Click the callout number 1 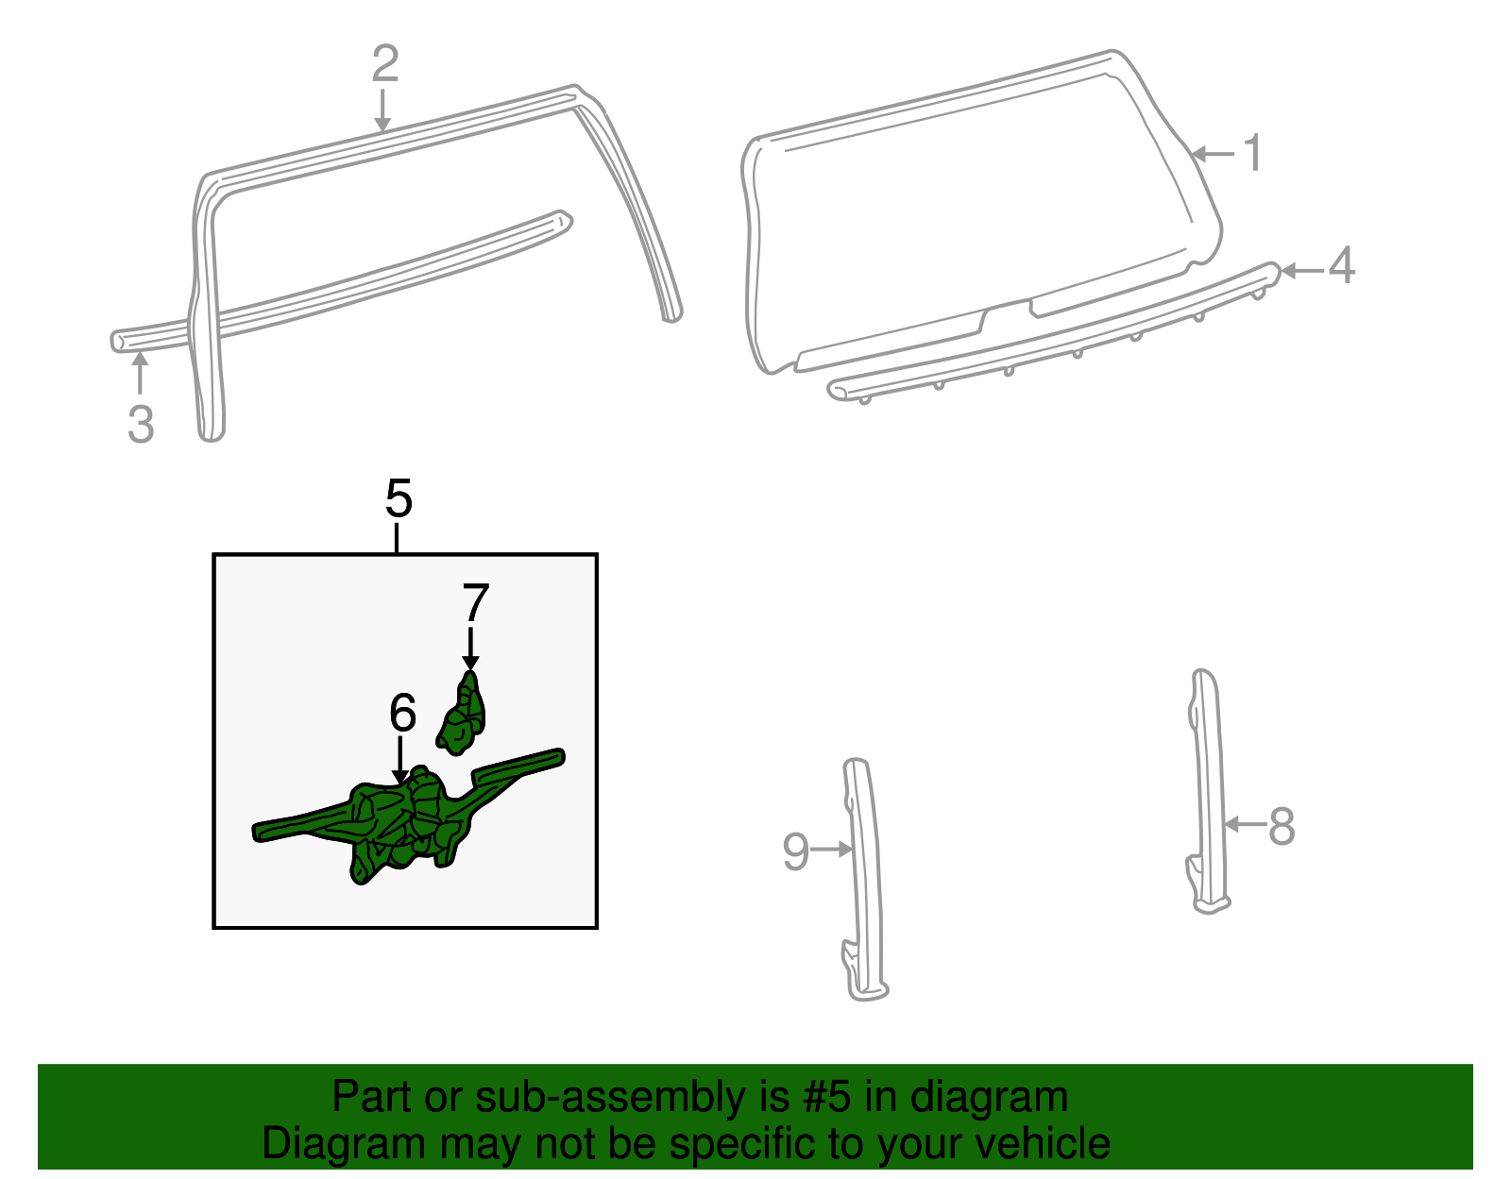pyautogui.click(x=1253, y=153)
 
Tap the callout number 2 pyautogui.click(x=385, y=63)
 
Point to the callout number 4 pyautogui.click(x=1341, y=265)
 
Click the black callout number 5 pyautogui.click(x=399, y=498)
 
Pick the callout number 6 pyautogui.click(x=402, y=712)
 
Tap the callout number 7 pyautogui.click(x=476, y=602)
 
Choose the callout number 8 pyautogui.click(x=1282, y=827)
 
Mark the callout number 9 pyautogui.click(x=796, y=851)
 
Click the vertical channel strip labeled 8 pyautogui.click(x=1209, y=792)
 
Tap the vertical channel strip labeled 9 pyautogui.click(x=865, y=880)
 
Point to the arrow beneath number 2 pyautogui.click(x=382, y=109)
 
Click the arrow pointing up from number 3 pyautogui.click(x=141, y=373)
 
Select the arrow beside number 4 pyautogui.click(x=1301, y=270)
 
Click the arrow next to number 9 pyautogui.click(x=832, y=849)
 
